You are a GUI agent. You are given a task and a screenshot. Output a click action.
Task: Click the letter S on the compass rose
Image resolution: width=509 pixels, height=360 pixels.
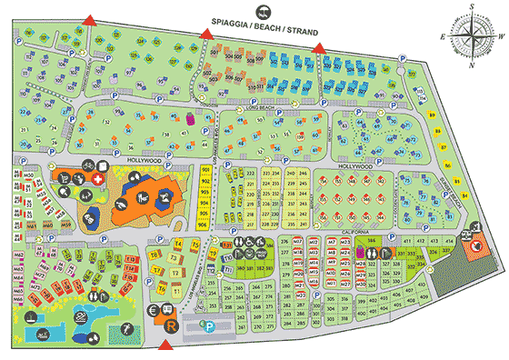pos(474,6)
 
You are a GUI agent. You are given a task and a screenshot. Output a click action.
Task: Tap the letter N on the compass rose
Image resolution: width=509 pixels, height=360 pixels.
pos(474,66)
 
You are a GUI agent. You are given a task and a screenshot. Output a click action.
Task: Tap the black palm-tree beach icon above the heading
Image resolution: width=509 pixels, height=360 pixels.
pos(263,11)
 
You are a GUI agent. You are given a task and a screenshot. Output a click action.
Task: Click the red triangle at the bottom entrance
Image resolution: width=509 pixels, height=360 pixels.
pos(165,345)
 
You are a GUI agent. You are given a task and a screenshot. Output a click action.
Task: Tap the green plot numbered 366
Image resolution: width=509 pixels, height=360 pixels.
pos(373,239)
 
